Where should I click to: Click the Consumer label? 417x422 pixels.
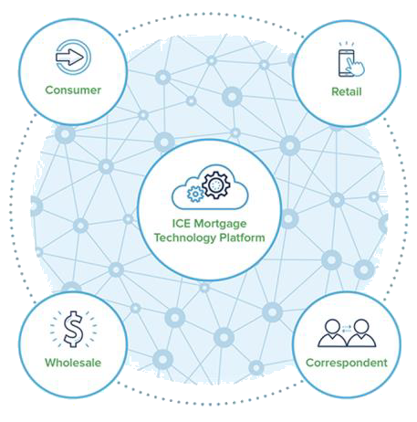click(73, 90)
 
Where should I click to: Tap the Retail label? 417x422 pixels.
click(347, 91)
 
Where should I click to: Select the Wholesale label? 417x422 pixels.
click(73, 363)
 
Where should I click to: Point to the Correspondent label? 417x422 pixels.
click(347, 363)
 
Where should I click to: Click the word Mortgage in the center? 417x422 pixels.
click(220, 224)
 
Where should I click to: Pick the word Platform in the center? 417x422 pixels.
click(242, 237)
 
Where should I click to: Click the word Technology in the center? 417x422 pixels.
click(185, 238)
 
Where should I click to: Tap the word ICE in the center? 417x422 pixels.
click(182, 224)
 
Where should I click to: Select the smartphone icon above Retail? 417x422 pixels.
click(346, 63)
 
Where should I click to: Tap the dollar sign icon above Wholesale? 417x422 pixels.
click(73, 329)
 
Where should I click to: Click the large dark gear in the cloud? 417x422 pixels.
click(216, 185)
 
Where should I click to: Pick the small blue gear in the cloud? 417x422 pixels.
click(195, 194)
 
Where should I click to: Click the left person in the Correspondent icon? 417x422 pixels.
click(332, 333)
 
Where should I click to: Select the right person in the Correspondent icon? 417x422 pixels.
click(361, 333)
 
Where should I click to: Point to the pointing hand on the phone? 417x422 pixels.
click(355, 67)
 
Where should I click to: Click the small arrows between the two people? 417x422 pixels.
click(347, 328)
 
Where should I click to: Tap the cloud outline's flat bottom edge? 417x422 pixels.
click(210, 209)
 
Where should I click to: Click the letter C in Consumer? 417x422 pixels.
click(49, 90)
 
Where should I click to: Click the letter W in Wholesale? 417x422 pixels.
click(51, 363)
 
